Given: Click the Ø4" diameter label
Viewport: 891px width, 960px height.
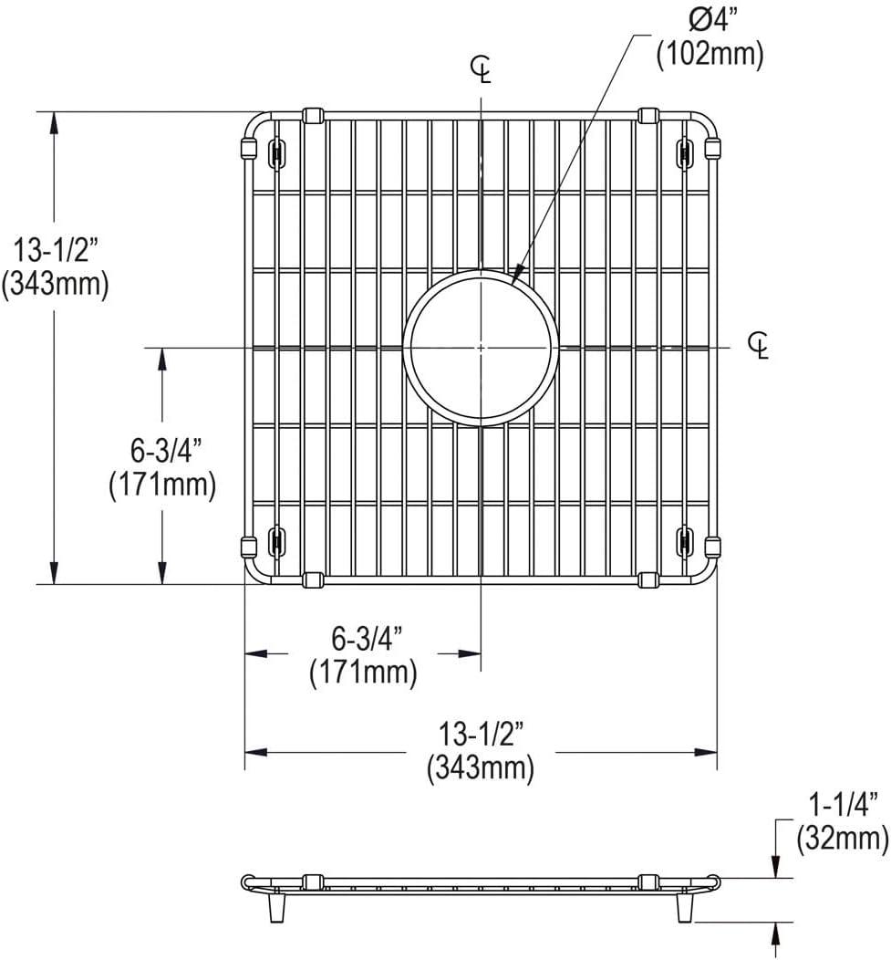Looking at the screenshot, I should pos(709,20).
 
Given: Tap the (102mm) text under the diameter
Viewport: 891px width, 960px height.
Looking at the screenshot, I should pos(709,55).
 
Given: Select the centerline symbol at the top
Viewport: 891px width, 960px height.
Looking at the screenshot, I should pos(481,68).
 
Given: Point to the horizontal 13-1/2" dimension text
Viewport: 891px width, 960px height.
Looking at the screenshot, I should pos(480,734).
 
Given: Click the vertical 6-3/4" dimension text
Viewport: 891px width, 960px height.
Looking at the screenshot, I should pos(162,450).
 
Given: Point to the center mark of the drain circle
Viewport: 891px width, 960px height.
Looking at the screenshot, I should pos(481,348).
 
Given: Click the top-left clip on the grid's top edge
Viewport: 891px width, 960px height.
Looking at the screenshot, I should pos(312,116).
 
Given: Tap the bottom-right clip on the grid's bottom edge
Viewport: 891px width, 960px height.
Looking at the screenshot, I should pos(648,579).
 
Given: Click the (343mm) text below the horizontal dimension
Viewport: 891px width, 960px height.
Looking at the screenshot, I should pos(480,768).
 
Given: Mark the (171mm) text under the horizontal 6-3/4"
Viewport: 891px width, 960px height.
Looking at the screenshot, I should pos(362,673).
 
